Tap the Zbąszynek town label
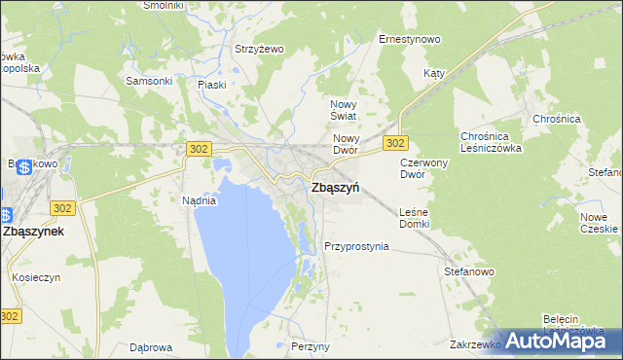point(34,233)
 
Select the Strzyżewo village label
point(258,49)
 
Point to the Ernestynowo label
point(410,40)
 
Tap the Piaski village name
point(212,85)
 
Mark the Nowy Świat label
point(346,110)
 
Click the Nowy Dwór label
point(347,144)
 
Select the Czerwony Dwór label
point(423,169)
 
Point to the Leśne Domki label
point(415,218)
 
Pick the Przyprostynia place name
point(356,246)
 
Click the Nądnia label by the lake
point(199,200)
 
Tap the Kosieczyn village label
point(37,277)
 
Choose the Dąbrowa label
point(151,346)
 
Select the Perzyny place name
point(311,346)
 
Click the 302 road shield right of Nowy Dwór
point(394,143)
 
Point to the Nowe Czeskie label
point(600,223)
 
